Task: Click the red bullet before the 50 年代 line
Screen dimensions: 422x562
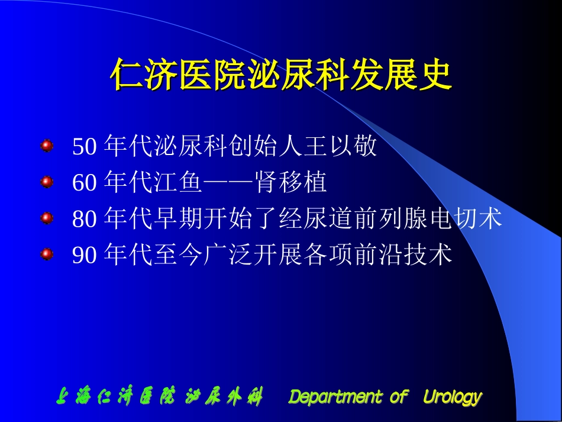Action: pyautogui.click(x=47, y=145)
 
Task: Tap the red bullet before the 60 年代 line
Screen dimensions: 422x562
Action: pyautogui.click(x=47, y=182)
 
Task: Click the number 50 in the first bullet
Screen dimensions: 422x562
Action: pyautogui.click(x=84, y=147)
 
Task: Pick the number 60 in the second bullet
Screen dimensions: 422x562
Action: pyautogui.click(x=84, y=183)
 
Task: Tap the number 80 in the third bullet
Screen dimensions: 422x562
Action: pyautogui.click(x=84, y=220)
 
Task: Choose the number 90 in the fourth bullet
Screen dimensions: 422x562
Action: pyautogui.click(x=84, y=256)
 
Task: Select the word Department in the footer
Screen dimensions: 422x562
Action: pyautogui.click(x=335, y=397)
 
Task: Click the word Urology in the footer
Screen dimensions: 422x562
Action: pyautogui.click(x=452, y=397)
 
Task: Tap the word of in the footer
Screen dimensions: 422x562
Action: pyautogui.click(x=398, y=397)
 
